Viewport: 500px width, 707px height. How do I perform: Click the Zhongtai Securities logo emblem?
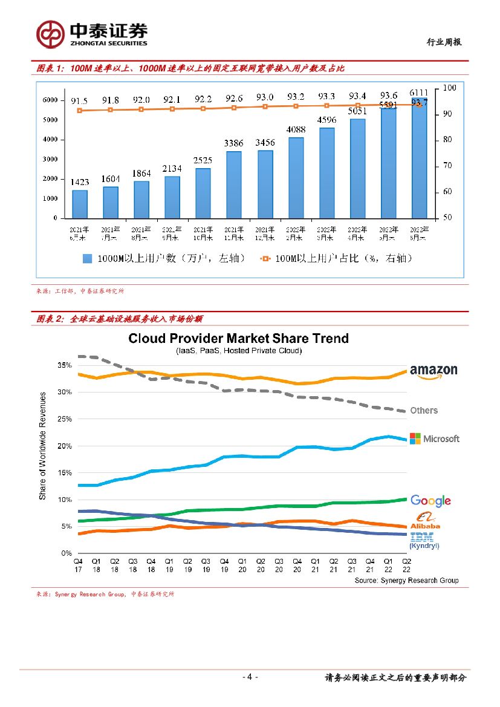pyautogui.click(x=50, y=34)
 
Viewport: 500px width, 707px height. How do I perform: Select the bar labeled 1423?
pyautogui.click(x=80, y=204)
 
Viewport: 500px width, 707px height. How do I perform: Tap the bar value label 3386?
pyautogui.click(x=234, y=143)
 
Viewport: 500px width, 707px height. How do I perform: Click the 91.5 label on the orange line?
pyautogui.click(x=80, y=101)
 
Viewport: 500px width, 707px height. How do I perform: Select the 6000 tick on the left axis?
pyautogui.click(x=51, y=100)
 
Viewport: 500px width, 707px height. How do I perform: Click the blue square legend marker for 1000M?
pyautogui.click(x=87, y=258)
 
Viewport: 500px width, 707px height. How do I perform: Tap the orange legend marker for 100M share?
pyautogui.click(x=264, y=258)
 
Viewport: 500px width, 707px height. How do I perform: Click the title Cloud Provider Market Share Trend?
pyautogui.click(x=238, y=338)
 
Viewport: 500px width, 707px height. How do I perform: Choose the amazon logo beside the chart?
pyautogui.click(x=433, y=371)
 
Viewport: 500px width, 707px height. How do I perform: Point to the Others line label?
pyautogui.click(x=424, y=410)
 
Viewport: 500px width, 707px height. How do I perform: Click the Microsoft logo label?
pyautogui.click(x=434, y=438)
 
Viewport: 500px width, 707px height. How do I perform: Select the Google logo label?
pyautogui.click(x=430, y=501)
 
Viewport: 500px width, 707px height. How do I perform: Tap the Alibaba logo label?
pyautogui.click(x=425, y=520)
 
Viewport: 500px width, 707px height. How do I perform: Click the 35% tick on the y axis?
pyautogui.click(x=65, y=365)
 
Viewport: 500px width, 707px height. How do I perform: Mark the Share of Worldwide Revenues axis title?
pyautogui.click(x=43, y=446)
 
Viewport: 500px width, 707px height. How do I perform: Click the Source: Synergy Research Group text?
pyautogui.click(x=406, y=581)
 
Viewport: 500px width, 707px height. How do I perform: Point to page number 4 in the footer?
pyautogui.click(x=250, y=677)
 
